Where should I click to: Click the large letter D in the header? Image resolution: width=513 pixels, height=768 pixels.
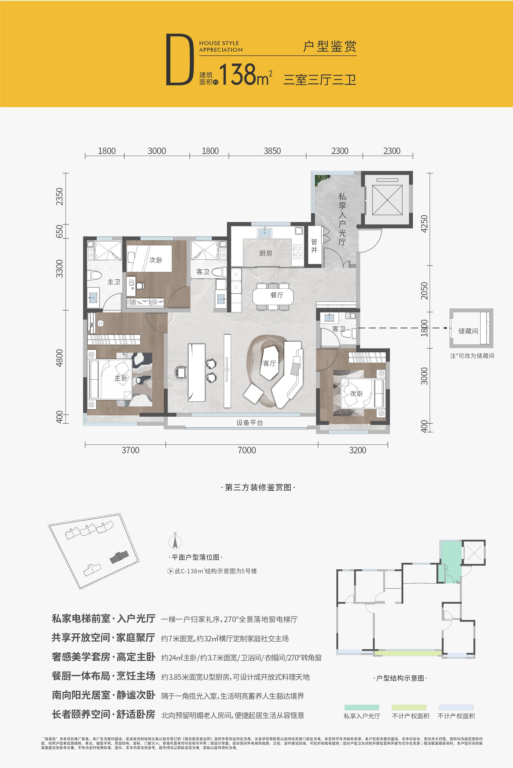180,60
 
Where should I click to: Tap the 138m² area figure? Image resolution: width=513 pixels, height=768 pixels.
245,74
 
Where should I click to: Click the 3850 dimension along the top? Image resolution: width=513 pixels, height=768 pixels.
272,151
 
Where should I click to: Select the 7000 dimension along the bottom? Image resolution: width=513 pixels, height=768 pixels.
247,450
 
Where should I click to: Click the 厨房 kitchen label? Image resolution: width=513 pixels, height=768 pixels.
266,253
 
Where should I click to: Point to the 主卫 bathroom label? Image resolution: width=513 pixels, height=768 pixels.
114,282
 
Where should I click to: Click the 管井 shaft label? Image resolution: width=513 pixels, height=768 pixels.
314,246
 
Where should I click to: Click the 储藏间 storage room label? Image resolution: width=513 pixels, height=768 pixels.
468,331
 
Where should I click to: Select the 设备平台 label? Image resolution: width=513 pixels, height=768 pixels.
250,423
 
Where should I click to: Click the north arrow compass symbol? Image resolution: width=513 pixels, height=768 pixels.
175,541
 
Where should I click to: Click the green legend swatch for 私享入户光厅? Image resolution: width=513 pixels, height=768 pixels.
362,708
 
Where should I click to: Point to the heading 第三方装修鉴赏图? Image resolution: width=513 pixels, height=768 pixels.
258,488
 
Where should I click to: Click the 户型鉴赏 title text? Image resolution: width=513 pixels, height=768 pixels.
329,46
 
